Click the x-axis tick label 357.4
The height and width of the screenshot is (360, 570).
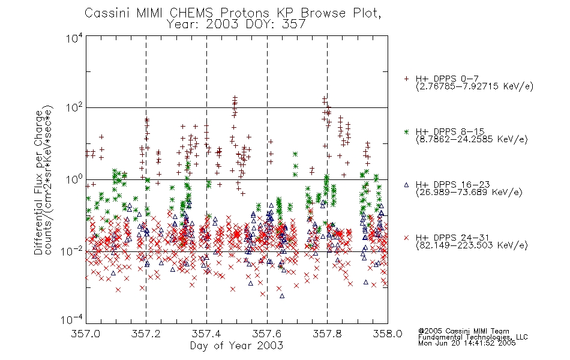pyautogui.click(x=206, y=334)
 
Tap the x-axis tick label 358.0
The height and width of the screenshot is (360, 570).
pyautogui.click(x=388, y=334)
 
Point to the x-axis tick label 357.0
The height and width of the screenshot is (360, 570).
pyautogui.click(x=86, y=334)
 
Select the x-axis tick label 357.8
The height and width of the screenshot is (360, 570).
pyautogui.click(x=327, y=334)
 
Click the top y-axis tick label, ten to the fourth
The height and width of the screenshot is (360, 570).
pyautogui.click(x=74, y=38)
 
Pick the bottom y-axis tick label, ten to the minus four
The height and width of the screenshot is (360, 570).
pyautogui.click(x=72, y=319)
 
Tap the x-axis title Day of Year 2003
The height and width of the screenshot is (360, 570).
pyautogui.click(x=236, y=346)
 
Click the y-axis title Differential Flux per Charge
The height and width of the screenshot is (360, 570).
pyautogui.click(x=38, y=182)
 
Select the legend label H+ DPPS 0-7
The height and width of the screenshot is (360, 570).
pyautogui.click(x=447, y=79)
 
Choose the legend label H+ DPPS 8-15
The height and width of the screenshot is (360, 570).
pyautogui.click(x=450, y=131)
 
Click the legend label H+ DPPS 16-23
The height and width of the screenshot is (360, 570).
pyautogui.click(x=452, y=184)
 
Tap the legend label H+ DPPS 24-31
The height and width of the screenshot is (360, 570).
pyautogui.click(x=452, y=238)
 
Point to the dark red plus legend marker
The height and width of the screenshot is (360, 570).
pyautogui.click(x=406, y=79)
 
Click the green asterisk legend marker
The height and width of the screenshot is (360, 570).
pyautogui.click(x=406, y=131)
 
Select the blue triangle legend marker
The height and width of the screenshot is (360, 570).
pyautogui.click(x=406, y=185)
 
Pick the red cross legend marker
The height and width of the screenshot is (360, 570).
pyautogui.click(x=406, y=238)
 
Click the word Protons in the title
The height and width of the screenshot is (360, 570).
pyautogui.click(x=244, y=13)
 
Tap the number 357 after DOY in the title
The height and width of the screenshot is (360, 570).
pyautogui.click(x=293, y=24)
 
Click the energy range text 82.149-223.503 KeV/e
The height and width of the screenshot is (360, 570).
pyautogui.click(x=472, y=245)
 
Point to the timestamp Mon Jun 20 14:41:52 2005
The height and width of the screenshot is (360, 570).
pyautogui.click(x=467, y=343)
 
